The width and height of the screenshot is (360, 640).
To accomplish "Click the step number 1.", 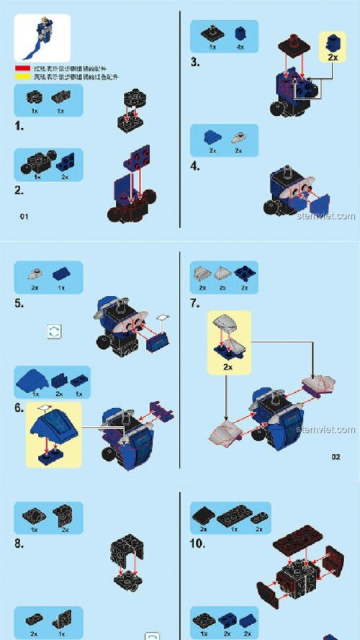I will coord(19,127).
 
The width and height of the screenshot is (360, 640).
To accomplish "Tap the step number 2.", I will coord(19,190).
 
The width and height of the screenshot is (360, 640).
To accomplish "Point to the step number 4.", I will coord(195,166).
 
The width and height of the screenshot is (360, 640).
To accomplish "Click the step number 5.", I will coord(20,304).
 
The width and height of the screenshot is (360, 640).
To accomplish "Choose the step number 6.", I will coord(20,408).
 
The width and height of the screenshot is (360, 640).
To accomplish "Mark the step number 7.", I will coord(195,303).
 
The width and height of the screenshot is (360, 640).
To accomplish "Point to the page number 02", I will coord(336,456).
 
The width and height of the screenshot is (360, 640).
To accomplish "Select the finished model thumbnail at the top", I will coord(42,37).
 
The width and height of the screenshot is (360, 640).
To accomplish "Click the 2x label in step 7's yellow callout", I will coord(229,366).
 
